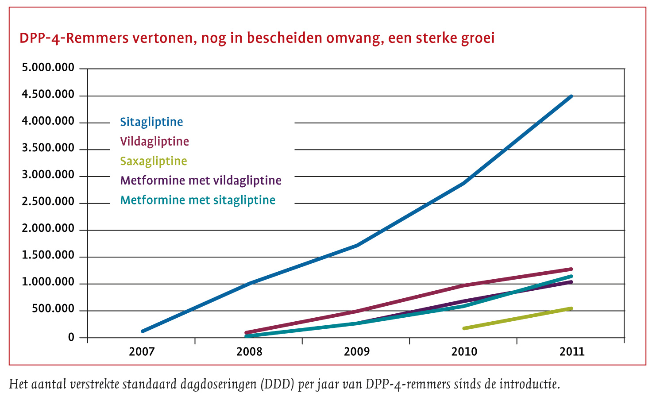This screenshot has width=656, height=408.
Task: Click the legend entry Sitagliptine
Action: click(x=151, y=122)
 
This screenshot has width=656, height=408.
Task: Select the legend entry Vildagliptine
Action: click(x=154, y=142)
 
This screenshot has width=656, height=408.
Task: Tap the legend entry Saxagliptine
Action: click(x=154, y=161)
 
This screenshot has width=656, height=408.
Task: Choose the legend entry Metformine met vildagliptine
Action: click(x=201, y=181)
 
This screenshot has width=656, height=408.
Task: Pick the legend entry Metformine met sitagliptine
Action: click(x=197, y=200)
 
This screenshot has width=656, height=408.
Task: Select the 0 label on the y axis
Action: click(x=71, y=338)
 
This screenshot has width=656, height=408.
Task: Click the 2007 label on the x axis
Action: click(x=142, y=352)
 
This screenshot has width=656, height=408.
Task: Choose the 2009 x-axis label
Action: click(x=357, y=352)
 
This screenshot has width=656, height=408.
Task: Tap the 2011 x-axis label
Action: click(x=572, y=352)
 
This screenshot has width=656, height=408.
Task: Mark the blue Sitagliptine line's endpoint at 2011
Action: click(x=571, y=96)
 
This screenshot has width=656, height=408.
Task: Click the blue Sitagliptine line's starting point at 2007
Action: click(x=143, y=331)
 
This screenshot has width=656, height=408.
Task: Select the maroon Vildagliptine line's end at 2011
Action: click(x=571, y=269)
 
